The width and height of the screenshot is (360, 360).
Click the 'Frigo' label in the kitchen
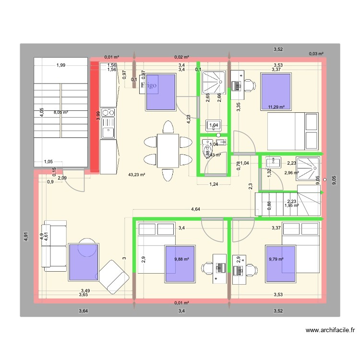(149, 86)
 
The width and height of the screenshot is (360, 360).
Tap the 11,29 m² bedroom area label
(276, 107)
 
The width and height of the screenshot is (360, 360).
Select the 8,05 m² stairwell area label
(60, 112)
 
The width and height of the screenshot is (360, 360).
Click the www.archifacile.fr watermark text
(331, 330)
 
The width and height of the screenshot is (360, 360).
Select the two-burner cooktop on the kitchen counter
(108, 113)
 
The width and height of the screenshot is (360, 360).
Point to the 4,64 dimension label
(196, 209)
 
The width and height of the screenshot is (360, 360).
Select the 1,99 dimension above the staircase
(60, 65)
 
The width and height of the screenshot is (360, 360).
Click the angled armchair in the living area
(113, 277)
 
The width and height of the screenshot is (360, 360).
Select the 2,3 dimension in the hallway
(250, 186)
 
